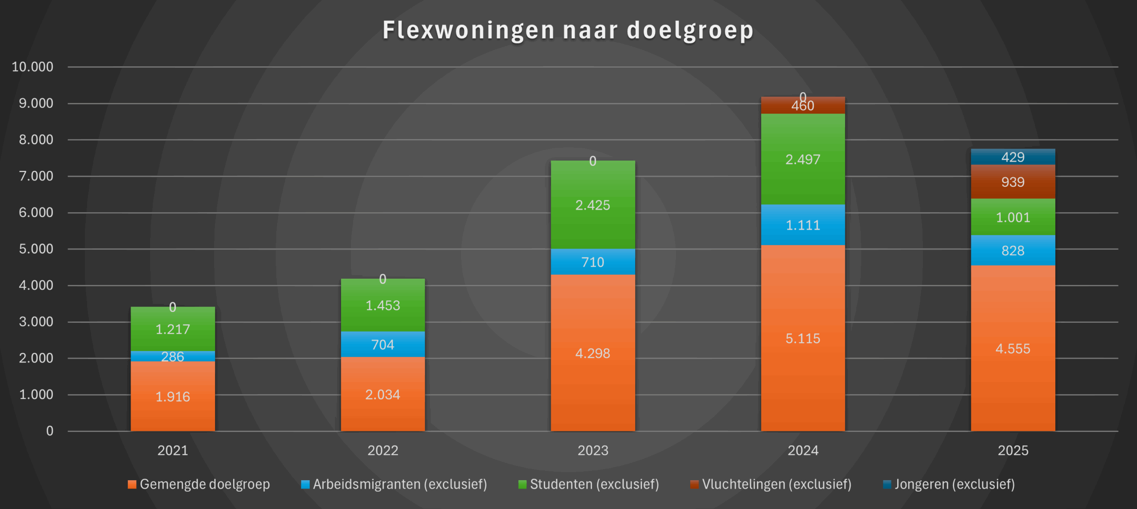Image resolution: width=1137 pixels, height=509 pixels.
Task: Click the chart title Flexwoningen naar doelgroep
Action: [x=568, y=30]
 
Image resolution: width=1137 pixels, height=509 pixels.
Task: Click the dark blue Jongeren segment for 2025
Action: [x=1013, y=157]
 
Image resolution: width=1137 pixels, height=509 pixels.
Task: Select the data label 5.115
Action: [x=803, y=339]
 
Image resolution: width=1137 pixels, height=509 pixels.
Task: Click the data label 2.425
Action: [x=592, y=205]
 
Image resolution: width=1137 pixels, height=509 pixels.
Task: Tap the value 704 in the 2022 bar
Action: [x=382, y=345]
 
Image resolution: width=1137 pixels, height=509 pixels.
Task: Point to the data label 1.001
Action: [x=1013, y=217]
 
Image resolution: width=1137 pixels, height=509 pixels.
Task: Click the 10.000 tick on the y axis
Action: [x=32, y=67]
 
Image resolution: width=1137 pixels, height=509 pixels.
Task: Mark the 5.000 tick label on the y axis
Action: [x=36, y=249]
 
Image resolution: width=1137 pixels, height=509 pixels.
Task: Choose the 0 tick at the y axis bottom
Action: [x=50, y=431]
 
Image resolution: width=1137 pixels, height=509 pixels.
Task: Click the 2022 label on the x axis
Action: [x=382, y=450]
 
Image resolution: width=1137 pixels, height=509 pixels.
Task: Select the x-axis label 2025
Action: [x=1013, y=450]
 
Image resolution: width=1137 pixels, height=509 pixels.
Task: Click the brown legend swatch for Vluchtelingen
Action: [x=694, y=484]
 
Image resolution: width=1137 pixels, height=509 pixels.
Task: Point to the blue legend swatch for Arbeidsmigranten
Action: [x=305, y=484]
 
